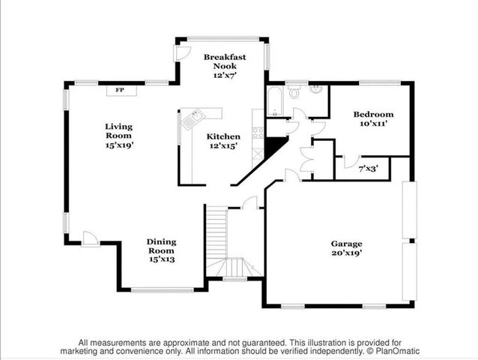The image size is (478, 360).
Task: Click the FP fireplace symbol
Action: tap(120, 91)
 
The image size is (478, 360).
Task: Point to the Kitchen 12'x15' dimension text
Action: tap(223, 146)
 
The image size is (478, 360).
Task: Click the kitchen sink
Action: tap(196, 116)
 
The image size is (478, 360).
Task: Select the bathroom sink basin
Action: tap(316, 91)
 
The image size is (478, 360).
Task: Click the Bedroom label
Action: tap(372, 114)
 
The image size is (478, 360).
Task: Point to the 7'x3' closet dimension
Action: tap(369, 169)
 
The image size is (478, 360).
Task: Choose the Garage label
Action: tap(347, 243)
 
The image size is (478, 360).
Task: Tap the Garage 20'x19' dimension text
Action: tap(347, 253)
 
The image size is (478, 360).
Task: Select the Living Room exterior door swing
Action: tap(90, 238)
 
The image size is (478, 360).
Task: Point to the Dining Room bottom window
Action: tap(163, 290)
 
